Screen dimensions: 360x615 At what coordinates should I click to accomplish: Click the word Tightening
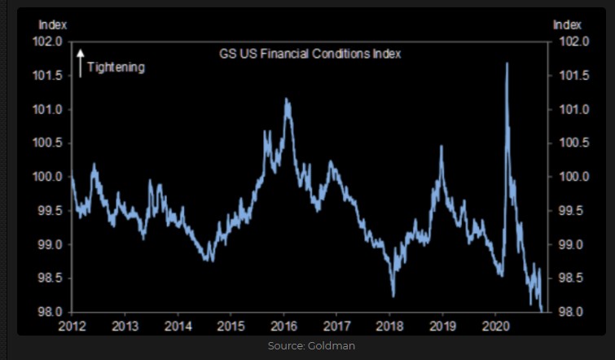click(116, 68)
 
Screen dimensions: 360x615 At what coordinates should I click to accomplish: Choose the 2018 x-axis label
click(389, 326)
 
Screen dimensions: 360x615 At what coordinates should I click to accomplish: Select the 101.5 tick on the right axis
click(569, 76)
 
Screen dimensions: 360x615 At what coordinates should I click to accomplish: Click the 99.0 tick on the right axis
click(569, 244)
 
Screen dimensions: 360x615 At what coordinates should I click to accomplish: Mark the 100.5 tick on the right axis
click(569, 143)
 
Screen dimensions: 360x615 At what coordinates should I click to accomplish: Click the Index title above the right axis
click(567, 25)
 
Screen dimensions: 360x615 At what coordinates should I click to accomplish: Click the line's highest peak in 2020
click(507, 64)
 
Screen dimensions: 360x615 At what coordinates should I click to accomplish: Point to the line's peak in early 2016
click(287, 99)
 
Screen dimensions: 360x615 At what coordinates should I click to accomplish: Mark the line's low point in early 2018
click(393, 296)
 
